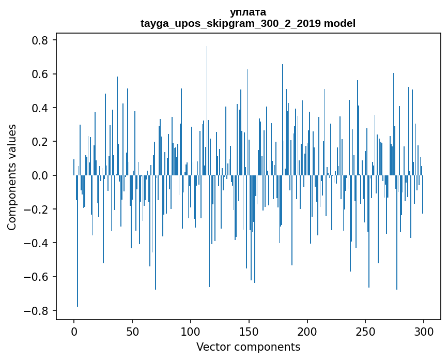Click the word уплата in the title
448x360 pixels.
[x=248, y=12]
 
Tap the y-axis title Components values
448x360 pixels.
[x=12, y=177]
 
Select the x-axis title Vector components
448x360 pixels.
[x=248, y=347]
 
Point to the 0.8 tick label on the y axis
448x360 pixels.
[x=41, y=40]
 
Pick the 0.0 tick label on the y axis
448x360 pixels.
[x=41, y=176]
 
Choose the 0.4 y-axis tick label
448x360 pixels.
[x=41, y=108]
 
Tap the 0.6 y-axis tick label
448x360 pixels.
[x=41, y=74]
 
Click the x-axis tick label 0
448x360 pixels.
[x=74, y=331]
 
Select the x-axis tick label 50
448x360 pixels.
[x=132, y=331]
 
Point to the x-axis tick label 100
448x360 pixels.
[x=191, y=331]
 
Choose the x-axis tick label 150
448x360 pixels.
[x=249, y=331]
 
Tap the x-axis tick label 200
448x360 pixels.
[x=307, y=331]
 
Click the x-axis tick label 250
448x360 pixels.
[x=366, y=331]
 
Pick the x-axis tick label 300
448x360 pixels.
[x=424, y=331]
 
